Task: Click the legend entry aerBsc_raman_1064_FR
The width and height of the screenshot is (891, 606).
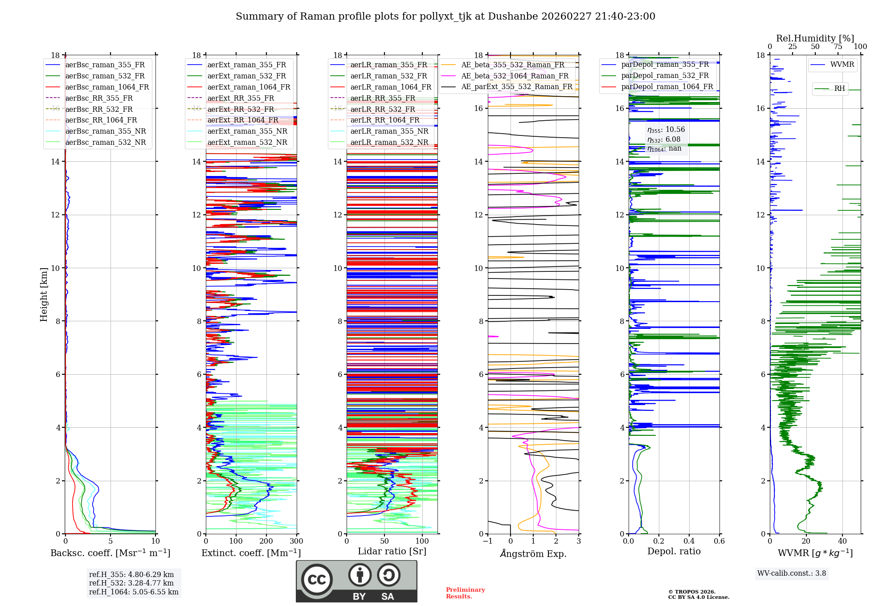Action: tap(107, 87)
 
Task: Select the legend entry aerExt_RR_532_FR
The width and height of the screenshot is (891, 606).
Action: tap(241, 109)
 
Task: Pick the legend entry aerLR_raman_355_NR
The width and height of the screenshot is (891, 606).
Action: tap(389, 131)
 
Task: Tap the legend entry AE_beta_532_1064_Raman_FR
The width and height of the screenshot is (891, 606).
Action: tap(515, 76)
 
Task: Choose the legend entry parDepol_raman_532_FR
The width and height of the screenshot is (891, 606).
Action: tap(665, 76)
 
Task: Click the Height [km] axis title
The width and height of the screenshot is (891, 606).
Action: tap(44, 295)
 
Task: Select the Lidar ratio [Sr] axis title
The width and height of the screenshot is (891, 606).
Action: tap(392, 551)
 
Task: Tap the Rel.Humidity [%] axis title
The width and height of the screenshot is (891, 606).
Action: tap(815, 38)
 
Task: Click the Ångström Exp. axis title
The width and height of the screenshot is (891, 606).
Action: tap(533, 554)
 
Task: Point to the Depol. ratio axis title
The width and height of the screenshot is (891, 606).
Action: tap(674, 551)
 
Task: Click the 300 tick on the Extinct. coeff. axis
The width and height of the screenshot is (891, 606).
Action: tap(296, 541)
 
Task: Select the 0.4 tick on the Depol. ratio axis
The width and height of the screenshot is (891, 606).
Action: tap(689, 541)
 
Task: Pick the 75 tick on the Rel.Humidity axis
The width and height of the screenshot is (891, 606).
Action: tap(838, 47)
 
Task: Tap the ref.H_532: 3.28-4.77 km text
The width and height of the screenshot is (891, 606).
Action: tap(131, 583)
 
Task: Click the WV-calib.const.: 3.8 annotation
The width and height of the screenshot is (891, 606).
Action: tap(792, 573)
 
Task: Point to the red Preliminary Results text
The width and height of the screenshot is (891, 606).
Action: tap(465, 593)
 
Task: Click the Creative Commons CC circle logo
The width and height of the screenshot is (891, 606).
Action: tap(317, 579)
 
